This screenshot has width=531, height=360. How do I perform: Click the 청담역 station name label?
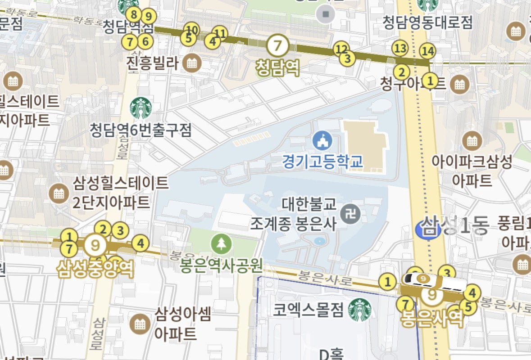click(x=277, y=68)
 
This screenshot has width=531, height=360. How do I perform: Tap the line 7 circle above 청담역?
click(x=277, y=45)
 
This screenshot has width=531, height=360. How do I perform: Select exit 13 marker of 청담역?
click(x=400, y=48)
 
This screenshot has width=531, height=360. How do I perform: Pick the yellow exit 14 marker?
click(x=427, y=52)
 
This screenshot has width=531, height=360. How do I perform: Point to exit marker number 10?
click(x=192, y=30)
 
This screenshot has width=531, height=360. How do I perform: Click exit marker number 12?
click(x=341, y=49)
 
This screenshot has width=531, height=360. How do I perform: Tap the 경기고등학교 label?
click(x=323, y=161)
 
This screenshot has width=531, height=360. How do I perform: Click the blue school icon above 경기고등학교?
click(x=322, y=141)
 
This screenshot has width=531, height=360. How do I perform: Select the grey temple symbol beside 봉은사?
click(x=351, y=213)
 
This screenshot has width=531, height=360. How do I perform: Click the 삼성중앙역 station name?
click(x=95, y=269)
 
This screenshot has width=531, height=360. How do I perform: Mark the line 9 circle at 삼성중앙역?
click(x=95, y=245)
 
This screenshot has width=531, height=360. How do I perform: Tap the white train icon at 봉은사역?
click(x=435, y=281)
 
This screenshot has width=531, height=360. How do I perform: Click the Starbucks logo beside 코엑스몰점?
click(x=359, y=310)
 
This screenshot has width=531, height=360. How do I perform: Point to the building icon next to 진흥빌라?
click(x=193, y=63)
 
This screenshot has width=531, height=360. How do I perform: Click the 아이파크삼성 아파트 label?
click(x=472, y=171)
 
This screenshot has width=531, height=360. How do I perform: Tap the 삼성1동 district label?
click(x=455, y=225)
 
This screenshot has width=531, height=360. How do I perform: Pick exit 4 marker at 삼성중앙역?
click(x=141, y=244)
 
